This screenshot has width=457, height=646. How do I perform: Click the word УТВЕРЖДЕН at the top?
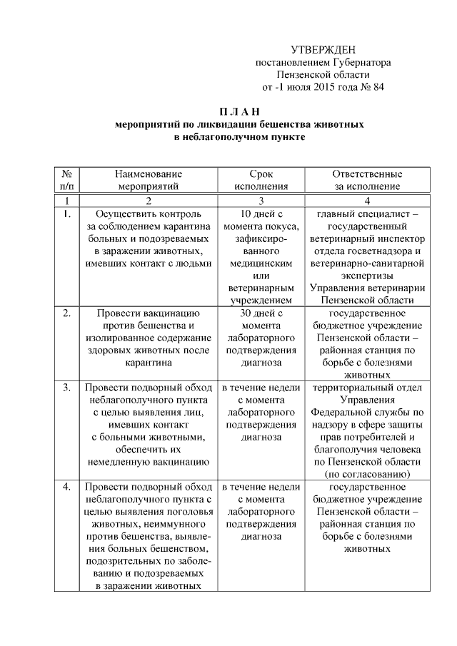coord(323,49)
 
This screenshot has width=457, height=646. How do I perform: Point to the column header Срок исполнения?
coord(261,180)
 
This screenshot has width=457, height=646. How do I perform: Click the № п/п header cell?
coord(66,180)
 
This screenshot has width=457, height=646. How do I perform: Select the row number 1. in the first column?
coord(66,213)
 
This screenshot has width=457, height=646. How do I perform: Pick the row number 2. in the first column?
coord(66,313)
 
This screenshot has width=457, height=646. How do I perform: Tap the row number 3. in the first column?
coord(66,388)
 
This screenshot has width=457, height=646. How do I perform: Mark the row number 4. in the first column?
coord(66,488)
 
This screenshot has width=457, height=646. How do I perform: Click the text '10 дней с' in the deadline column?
coord(261,213)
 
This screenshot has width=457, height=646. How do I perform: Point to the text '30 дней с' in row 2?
coord(261,313)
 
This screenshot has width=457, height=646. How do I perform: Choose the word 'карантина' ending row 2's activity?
coord(149,363)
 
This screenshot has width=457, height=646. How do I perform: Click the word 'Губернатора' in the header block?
coord(361,62)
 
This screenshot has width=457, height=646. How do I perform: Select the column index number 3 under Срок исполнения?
coord(261,200)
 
